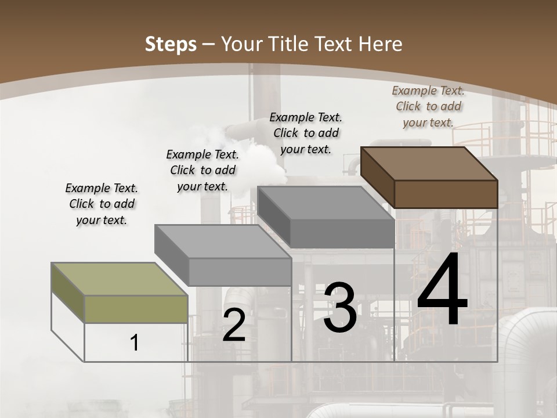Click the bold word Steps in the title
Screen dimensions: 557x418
pyautogui.click(x=171, y=44)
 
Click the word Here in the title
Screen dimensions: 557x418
pyautogui.click(x=381, y=44)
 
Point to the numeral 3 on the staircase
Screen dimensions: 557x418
pyautogui.click(x=340, y=308)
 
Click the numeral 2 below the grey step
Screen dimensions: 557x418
pyautogui.click(x=234, y=325)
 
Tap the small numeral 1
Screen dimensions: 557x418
pyautogui.click(x=135, y=343)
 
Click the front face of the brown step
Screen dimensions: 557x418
pyautogui.click(x=446, y=194)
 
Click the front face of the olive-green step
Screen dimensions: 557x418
pyautogui.click(x=136, y=309)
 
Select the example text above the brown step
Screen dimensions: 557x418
pyautogui.click(x=428, y=106)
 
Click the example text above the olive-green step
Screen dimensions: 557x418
pyautogui.click(x=102, y=204)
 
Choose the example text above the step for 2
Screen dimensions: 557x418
pyautogui.click(x=202, y=170)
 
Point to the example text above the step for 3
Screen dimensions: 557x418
pyautogui.click(x=306, y=133)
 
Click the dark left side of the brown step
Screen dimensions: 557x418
pyautogui.click(x=377, y=176)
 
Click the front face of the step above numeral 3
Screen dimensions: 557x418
pyautogui.click(x=342, y=234)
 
